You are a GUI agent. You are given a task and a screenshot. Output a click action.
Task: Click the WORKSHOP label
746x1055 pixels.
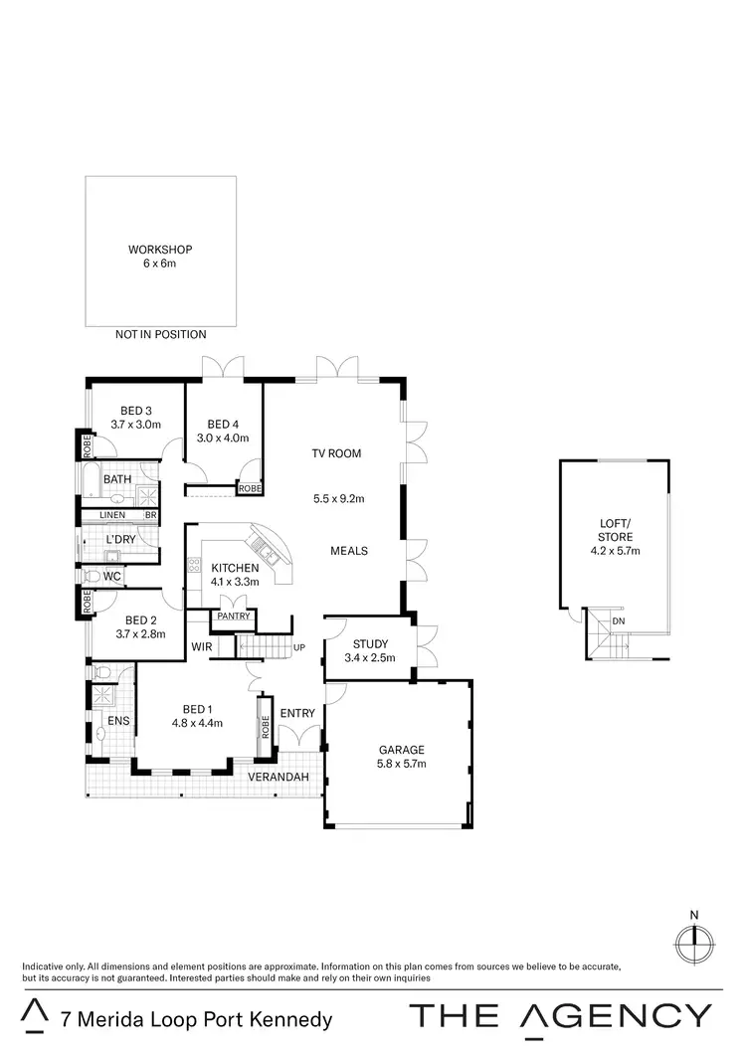[160, 250]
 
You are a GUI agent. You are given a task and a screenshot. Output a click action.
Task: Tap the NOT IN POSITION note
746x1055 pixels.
[160, 335]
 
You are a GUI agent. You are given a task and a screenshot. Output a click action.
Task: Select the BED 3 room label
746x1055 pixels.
[136, 411]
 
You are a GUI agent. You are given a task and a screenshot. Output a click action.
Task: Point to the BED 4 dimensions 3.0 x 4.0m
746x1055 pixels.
[222, 438]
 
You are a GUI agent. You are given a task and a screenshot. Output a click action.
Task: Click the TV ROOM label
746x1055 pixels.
[336, 453]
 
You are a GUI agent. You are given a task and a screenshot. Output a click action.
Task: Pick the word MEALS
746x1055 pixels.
[349, 551]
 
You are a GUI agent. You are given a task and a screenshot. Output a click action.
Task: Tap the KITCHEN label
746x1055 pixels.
[235, 568]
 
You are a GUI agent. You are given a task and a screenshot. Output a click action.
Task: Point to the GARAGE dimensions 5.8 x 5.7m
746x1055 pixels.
[402, 764]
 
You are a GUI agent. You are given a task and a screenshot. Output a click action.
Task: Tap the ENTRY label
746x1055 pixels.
[297, 714]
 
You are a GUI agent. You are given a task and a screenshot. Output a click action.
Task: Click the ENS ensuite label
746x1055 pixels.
[101, 720]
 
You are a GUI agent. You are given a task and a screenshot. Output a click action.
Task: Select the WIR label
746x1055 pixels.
[202, 646]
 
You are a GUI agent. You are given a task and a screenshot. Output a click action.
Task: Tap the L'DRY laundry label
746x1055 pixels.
[120, 540]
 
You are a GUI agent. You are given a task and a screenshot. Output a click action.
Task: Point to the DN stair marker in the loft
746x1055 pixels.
[619, 621]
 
